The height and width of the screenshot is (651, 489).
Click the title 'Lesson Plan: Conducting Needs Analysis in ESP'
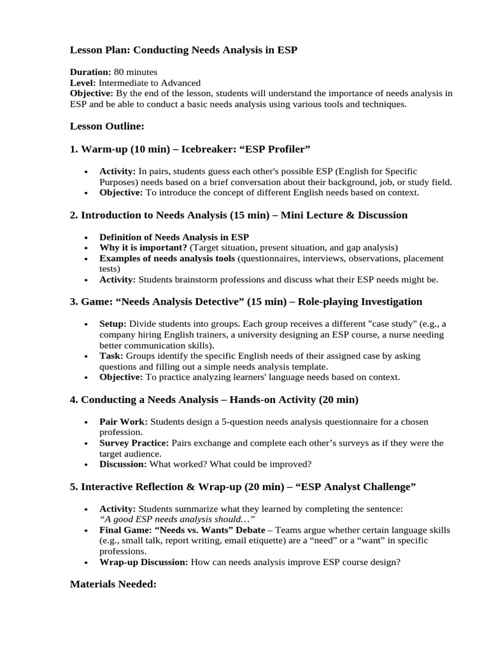183,50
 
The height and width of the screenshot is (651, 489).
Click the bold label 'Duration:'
90,72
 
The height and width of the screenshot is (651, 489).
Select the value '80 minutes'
136,72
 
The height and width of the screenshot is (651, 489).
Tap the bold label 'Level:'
83,83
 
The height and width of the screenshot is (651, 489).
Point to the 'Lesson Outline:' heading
107,127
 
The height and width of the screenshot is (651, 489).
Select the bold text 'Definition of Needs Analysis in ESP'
174,238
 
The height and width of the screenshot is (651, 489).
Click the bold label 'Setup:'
113,324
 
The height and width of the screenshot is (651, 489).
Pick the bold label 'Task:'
111,356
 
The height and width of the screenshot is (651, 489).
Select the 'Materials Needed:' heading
113,584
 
